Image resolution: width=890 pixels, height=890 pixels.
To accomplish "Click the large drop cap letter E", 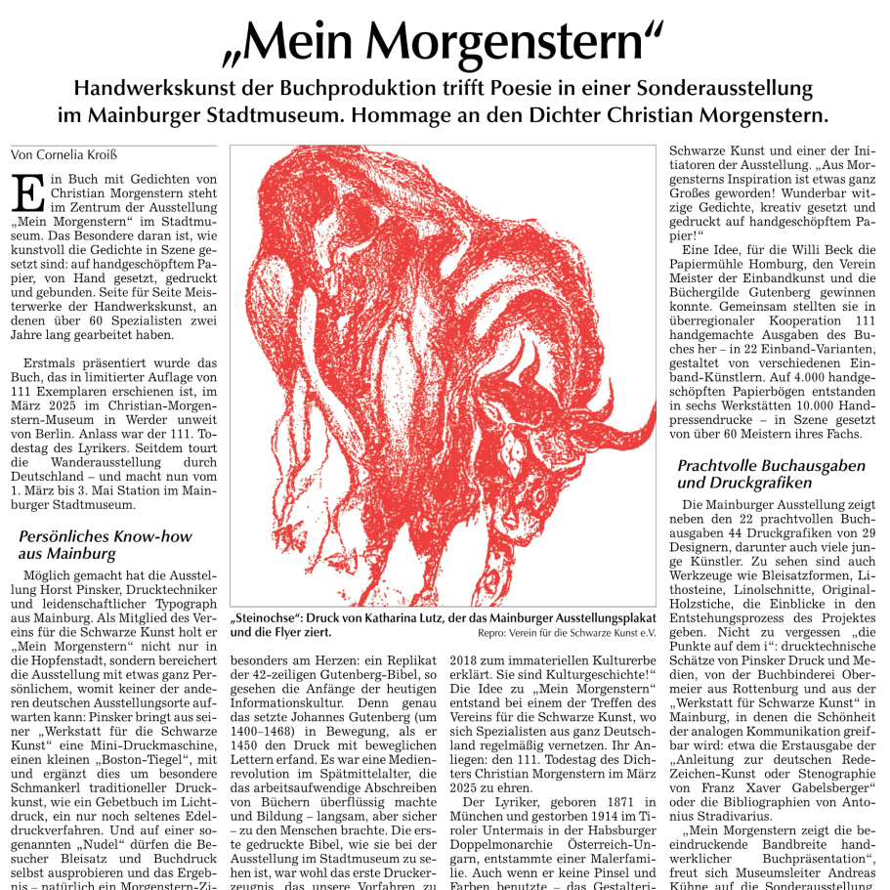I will click(26, 192).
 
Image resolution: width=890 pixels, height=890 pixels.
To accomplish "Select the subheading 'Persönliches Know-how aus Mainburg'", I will click(106, 545).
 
